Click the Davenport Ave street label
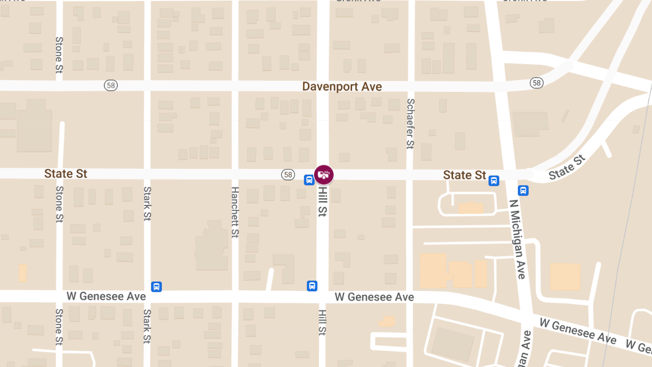pyautogui.click(x=342, y=86)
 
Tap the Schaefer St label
pyautogui.click(x=411, y=123)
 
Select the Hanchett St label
pyautogui.click(x=235, y=212)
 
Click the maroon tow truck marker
pyautogui.click(x=324, y=175)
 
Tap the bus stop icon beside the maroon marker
pyautogui.click(x=308, y=180)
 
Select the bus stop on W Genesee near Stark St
pyautogui.click(x=156, y=287)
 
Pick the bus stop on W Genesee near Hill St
pyautogui.click(x=312, y=286)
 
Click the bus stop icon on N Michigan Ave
pyautogui.click(x=523, y=190)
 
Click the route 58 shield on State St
pyautogui.click(x=288, y=175)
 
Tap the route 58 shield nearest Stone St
pyautogui.click(x=111, y=85)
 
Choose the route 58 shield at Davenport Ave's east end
pyautogui.click(x=537, y=83)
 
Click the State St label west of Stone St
pyautogui.click(x=66, y=174)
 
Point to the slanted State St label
pyautogui.click(x=568, y=167)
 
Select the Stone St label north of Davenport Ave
pyautogui.click(x=59, y=54)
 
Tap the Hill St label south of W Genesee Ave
pyautogui.click(x=322, y=322)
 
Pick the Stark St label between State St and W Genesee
pyautogui.click(x=147, y=204)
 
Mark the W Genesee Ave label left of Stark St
pyautogui.click(x=106, y=296)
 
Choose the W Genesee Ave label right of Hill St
pyautogui.click(x=374, y=297)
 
